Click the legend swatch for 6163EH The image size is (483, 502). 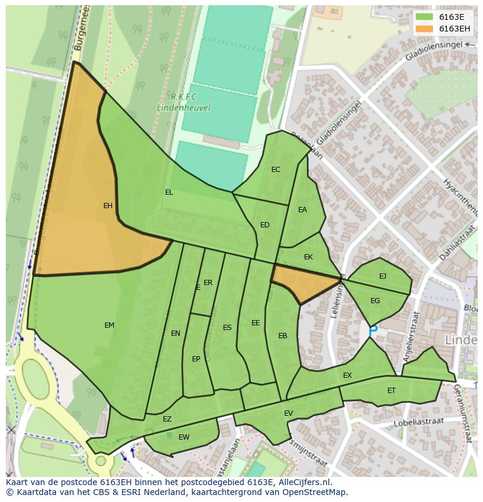coord(424,29)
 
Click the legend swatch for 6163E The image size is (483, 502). coord(424,17)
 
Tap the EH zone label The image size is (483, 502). coord(108,206)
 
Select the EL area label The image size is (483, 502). coord(169,192)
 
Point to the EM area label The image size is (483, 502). coord(109,325)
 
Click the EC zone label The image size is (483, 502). coord(276,170)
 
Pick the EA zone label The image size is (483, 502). coord(302,210)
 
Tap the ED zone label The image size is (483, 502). coord(265,225)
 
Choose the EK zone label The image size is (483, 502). coord(309,257)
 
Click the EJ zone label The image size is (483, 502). coord(383,276)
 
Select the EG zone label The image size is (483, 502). coord(375,301)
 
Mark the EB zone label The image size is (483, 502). coord(283,336)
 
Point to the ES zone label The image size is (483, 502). coord(227,328)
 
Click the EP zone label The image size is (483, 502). coord(196,359)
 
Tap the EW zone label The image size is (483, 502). coord(184,437)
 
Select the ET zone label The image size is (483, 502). coord(391,391)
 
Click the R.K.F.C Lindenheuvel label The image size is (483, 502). coord(183,102)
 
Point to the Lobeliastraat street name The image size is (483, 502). coord(419,422)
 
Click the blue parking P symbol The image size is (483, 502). coord(373,330)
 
